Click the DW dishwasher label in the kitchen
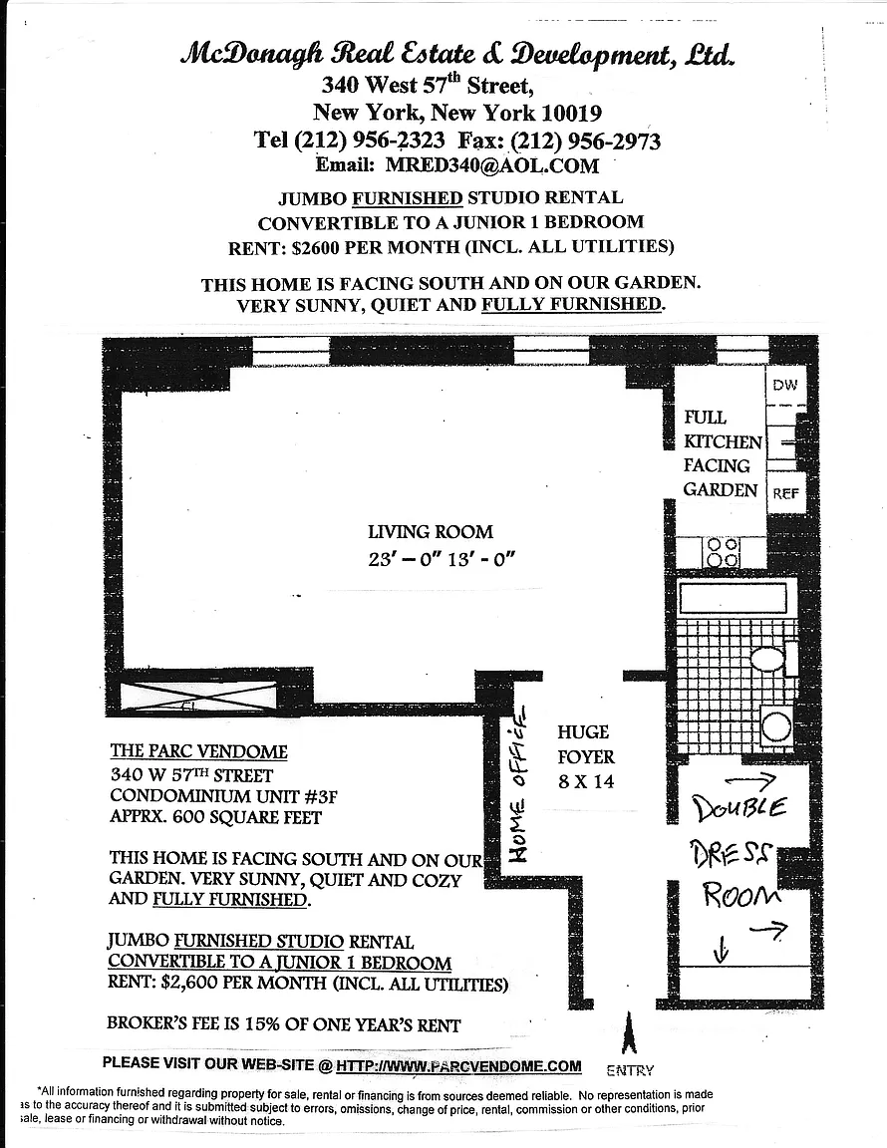tap(785, 385)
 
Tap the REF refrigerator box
tap(786, 493)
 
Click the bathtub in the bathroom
tap(733, 599)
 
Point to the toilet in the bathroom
tap(768, 658)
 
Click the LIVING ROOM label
tap(430, 532)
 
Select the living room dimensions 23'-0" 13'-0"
tap(441, 559)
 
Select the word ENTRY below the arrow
tap(630, 1070)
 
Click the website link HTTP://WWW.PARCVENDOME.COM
tap(458, 1066)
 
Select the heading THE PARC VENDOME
tap(198, 751)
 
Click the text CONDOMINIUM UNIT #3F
tap(216, 796)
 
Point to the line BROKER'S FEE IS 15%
tap(283, 1024)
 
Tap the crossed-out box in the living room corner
tap(198, 696)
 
